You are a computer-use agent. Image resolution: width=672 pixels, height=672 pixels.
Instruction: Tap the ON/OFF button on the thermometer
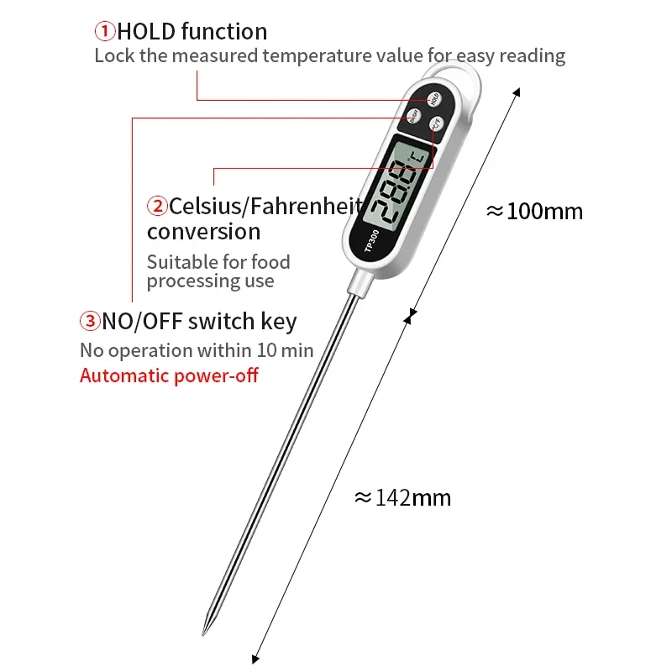tap(413, 116)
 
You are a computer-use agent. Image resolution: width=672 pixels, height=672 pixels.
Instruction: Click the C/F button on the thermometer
tap(436, 125)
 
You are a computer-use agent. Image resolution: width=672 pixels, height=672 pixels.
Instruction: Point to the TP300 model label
tap(372, 240)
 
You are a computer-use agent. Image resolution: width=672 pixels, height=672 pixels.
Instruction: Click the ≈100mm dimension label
tap(534, 211)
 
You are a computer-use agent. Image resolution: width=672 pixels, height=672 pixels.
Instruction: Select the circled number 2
tap(157, 206)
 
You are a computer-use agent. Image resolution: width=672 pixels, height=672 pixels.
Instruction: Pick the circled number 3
tap(90, 321)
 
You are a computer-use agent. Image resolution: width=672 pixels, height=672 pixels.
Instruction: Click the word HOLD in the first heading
tap(147, 32)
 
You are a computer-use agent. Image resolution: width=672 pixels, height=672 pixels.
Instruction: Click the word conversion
tap(203, 231)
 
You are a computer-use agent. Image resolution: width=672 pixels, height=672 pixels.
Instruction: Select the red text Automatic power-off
tap(169, 375)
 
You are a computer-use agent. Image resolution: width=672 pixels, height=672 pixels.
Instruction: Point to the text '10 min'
tap(283, 349)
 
